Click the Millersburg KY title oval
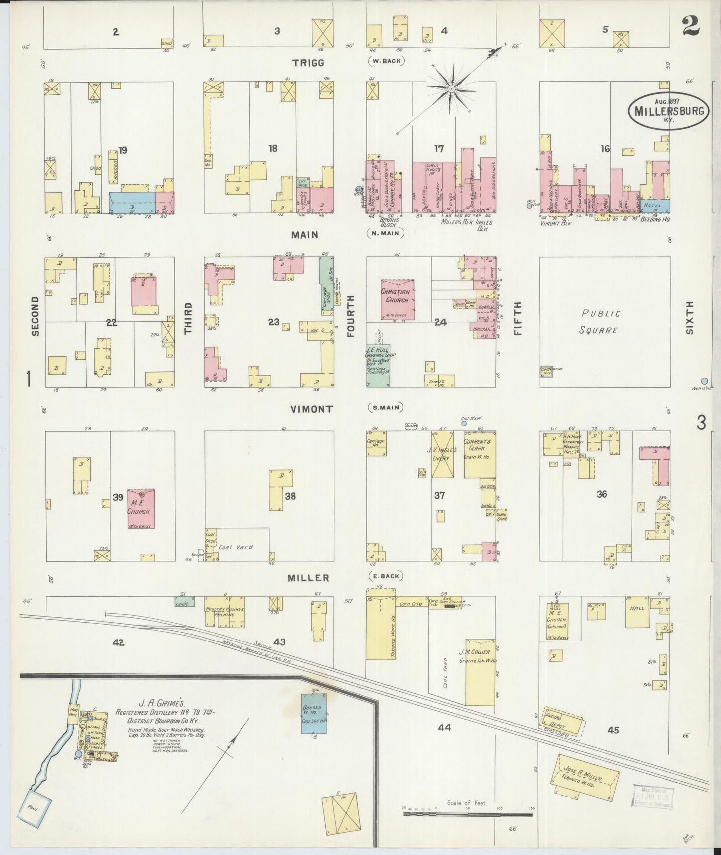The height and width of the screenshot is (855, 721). pyautogui.click(x=668, y=110)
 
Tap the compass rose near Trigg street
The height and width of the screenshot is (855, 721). pyautogui.click(x=451, y=89)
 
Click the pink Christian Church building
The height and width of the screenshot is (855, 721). pyautogui.click(x=395, y=299)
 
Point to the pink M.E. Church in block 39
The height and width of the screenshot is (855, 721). pyautogui.click(x=141, y=508)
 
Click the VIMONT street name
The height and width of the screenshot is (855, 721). pyautogui.click(x=312, y=409)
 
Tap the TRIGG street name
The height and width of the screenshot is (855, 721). pyautogui.click(x=308, y=62)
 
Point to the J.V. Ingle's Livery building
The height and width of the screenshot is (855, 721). pyautogui.click(x=441, y=454)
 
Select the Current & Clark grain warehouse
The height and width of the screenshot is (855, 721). pyautogui.click(x=479, y=454)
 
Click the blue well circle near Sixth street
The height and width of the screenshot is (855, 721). pyautogui.click(x=704, y=381)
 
